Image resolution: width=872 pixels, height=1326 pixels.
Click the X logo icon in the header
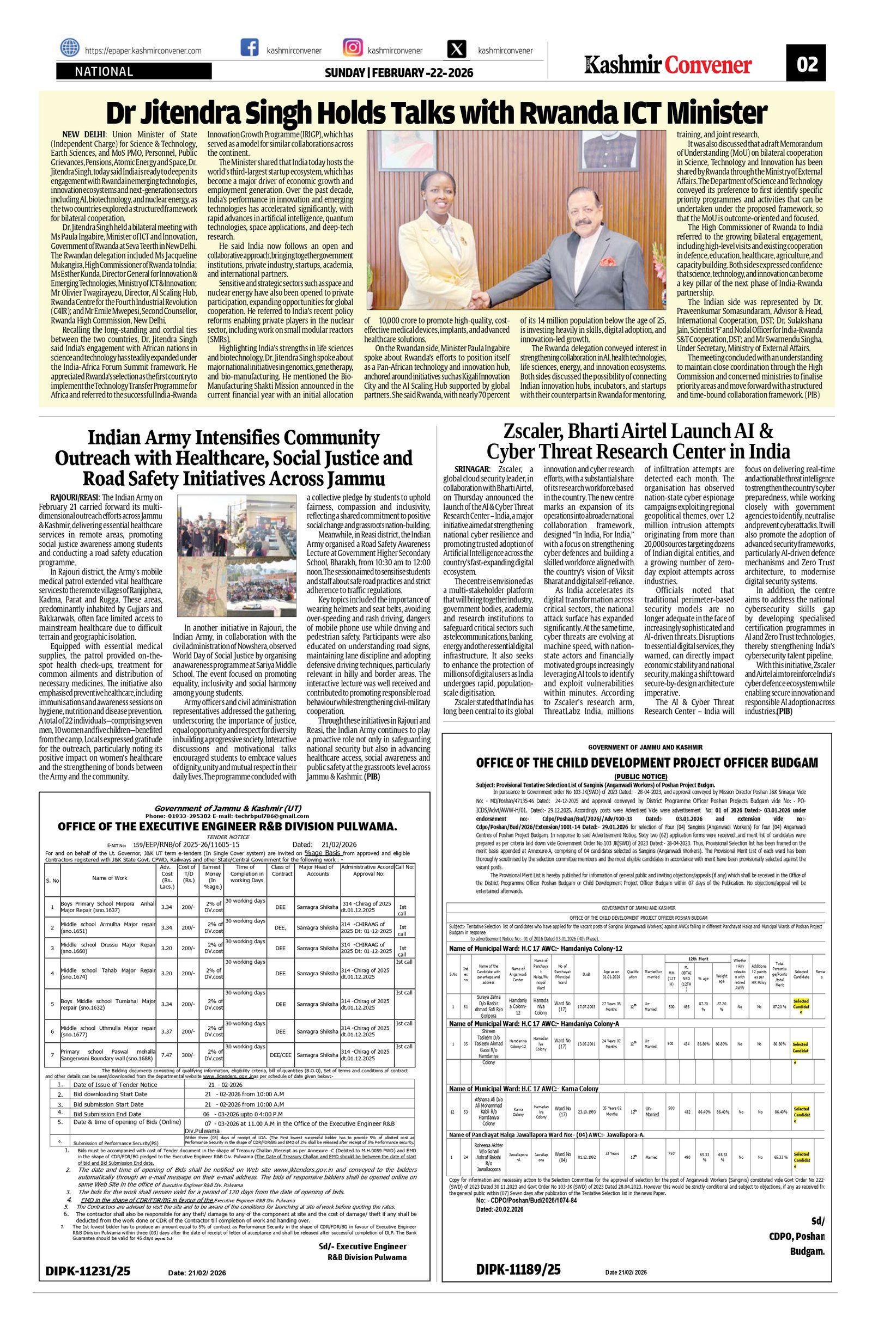click(x=457, y=50)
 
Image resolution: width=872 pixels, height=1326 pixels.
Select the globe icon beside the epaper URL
click(x=70, y=49)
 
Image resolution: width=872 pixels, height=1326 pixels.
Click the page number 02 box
click(x=806, y=65)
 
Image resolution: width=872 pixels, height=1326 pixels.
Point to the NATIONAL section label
click(x=104, y=71)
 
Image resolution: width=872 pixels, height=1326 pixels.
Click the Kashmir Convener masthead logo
click(x=668, y=65)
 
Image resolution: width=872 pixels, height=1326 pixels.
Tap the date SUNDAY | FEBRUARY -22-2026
click(x=398, y=73)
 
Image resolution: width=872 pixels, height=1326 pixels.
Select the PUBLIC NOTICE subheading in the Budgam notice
click(x=640, y=776)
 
